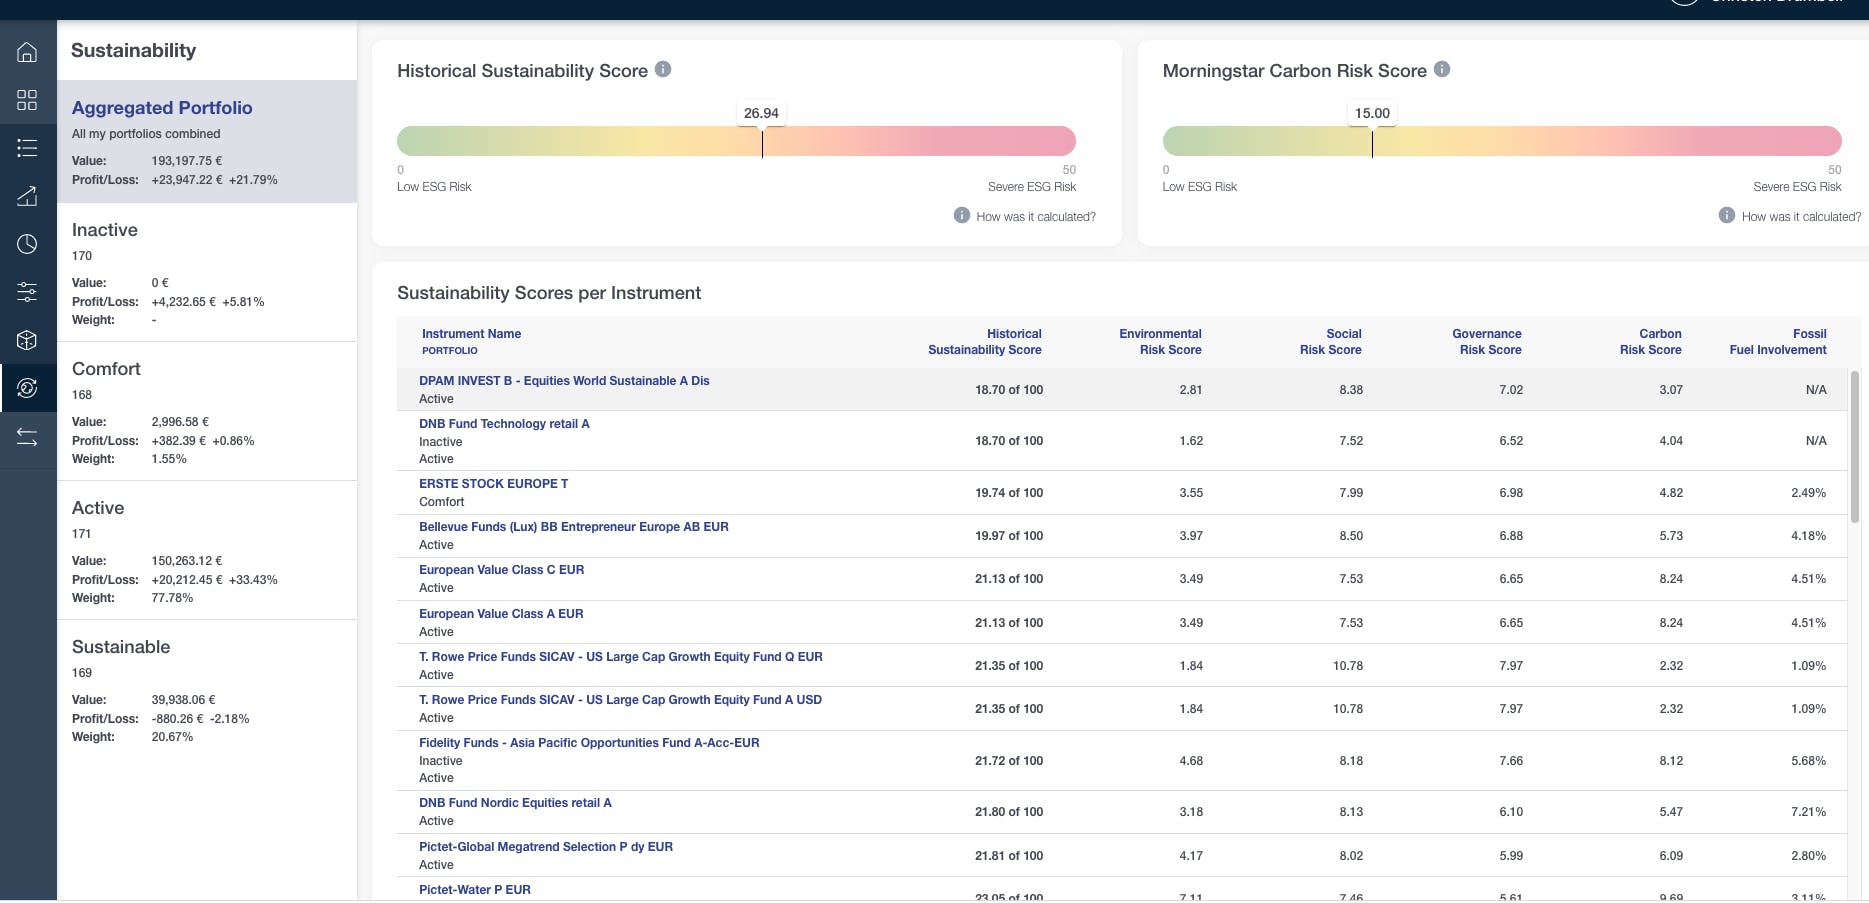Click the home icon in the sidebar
pyautogui.click(x=27, y=52)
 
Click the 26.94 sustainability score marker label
pyautogui.click(x=761, y=113)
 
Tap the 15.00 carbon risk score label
pyautogui.click(x=1372, y=113)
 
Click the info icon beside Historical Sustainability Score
pyautogui.click(x=663, y=70)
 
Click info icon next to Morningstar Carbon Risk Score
pyautogui.click(x=1442, y=70)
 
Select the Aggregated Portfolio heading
pyautogui.click(x=162, y=108)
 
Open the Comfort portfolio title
pyautogui.click(x=106, y=369)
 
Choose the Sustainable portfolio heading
pyautogui.click(x=121, y=647)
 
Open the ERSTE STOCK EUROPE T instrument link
pyautogui.click(x=493, y=484)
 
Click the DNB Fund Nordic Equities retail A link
pyautogui.click(x=515, y=803)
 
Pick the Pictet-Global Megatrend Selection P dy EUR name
pyautogui.click(x=545, y=847)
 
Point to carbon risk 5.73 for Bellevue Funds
pyautogui.click(x=1670, y=536)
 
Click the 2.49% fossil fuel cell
pyautogui.click(x=1808, y=493)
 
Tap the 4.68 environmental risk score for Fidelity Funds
pyautogui.click(x=1190, y=761)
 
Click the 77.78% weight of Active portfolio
pyautogui.click(x=172, y=598)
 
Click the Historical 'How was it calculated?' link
pyautogui.click(x=1035, y=217)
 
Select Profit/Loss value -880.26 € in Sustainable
pyautogui.click(x=177, y=719)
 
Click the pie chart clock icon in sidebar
pyautogui.click(x=27, y=244)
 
